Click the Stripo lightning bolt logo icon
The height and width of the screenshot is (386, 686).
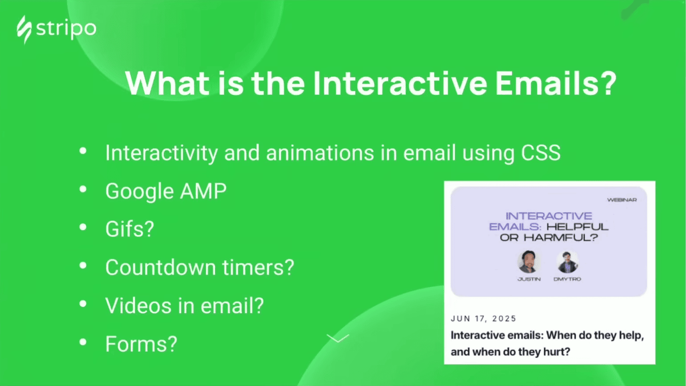(24, 30)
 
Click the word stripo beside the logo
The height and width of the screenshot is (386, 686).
(66, 29)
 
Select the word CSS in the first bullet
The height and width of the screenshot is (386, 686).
(540, 153)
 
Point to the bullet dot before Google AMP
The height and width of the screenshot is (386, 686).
(83, 190)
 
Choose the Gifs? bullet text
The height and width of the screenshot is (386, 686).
(129, 229)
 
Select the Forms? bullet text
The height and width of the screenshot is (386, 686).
(141, 344)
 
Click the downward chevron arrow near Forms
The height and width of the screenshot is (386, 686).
(338, 339)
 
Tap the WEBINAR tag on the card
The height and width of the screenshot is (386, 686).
(622, 200)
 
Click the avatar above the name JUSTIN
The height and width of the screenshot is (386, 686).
(528, 261)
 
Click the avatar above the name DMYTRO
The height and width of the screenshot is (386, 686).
(567, 262)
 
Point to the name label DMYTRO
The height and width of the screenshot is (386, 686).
(567, 279)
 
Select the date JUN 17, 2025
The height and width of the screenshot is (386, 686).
(483, 318)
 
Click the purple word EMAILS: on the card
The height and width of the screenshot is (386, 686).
(515, 227)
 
